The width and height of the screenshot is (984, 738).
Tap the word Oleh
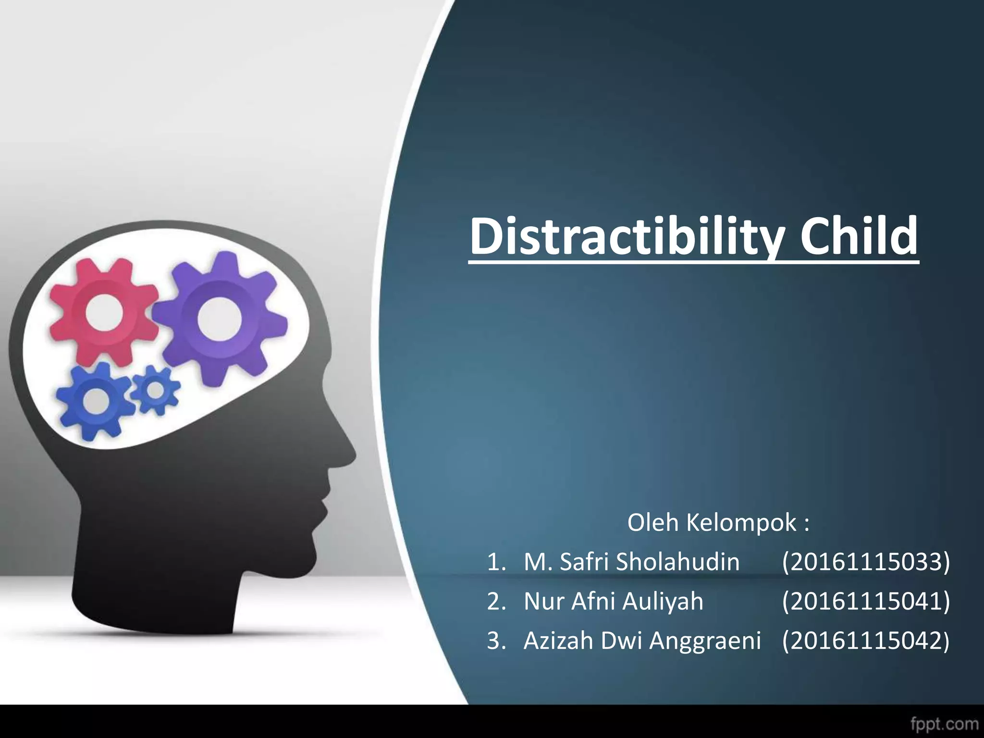(653, 522)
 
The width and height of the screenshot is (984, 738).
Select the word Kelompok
(742, 522)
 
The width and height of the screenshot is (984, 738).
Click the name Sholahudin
(678, 562)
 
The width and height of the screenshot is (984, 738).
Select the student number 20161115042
(865, 640)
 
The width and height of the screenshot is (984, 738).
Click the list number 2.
(495, 602)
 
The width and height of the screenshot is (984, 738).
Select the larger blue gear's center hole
(95, 400)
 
